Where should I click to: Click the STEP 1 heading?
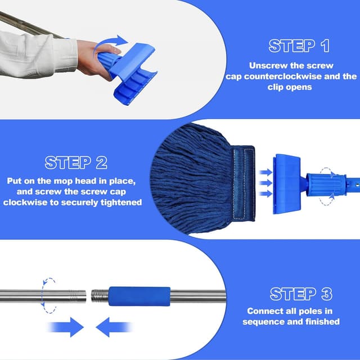point(299,46)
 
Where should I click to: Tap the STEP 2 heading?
point(76,163)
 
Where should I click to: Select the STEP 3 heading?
point(301,294)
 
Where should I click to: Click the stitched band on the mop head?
point(243,183)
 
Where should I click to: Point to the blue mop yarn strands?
point(191,179)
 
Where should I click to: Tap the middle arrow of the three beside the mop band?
point(265,183)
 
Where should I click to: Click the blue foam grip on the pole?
point(139,296)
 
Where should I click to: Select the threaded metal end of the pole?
point(100,296)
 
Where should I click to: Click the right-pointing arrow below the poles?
point(65,327)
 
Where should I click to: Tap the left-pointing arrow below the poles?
point(114,327)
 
